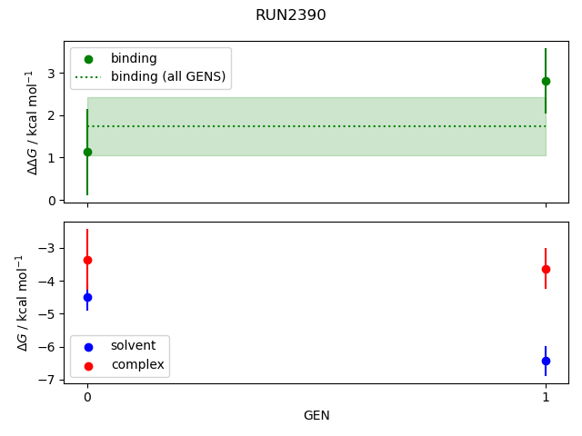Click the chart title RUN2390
[x=290, y=15]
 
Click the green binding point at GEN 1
[x=546, y=81]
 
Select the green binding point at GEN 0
[x=87, y=152]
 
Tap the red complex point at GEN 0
[x=87, y=260]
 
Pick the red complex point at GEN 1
[x=546, y=269]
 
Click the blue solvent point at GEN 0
[x=87, y=297]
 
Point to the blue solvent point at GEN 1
[x=546, y=361]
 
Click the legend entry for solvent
[x=133, y=346]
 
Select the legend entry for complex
[x=137, y=364]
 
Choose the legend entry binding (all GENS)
[x=167, y=76]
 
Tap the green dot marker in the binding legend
[x=88, y=58]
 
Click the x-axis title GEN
[x=316, y=415]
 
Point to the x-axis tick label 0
[x=87, y=397]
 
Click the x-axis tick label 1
[x=546, y=397]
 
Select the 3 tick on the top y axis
[x=53, y=74]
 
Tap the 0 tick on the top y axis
[x=53, y=200]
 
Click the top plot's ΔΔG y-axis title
[x=34, y=122]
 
